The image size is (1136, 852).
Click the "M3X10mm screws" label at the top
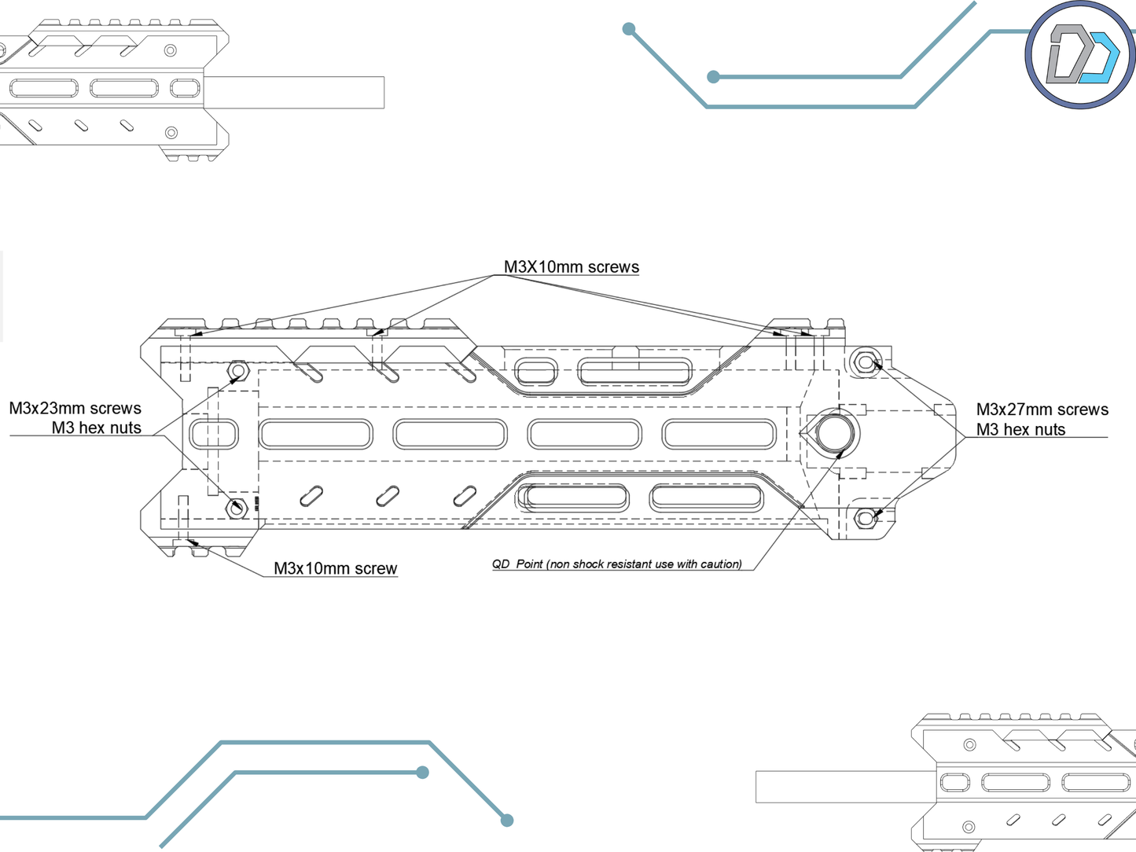click(571, 267)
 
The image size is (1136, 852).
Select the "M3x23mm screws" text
click(75, 409)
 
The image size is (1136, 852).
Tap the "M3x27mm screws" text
click(1042, 409)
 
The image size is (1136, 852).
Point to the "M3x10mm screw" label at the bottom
click(335, 568)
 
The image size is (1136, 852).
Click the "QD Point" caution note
click(617, 564)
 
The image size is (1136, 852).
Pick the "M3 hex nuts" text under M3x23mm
click(97, 428)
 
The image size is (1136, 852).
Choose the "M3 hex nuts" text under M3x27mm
click(1020, 430)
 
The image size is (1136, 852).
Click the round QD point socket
click(834, 432)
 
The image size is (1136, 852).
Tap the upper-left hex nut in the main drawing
click(237, 370)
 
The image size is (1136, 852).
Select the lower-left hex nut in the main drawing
click(237, 508)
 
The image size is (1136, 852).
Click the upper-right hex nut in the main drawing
click(866, 362)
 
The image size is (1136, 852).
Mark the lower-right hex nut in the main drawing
click(866, 518)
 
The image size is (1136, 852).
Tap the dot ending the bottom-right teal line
click(507, 820)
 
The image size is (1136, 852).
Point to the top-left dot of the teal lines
click(629, 29)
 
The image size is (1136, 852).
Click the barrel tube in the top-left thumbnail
click(295, 92)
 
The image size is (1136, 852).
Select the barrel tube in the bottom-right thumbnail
click(845, 787)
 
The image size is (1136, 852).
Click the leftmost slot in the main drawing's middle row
click(214, 434)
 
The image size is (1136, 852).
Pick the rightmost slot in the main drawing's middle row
click(719, 434)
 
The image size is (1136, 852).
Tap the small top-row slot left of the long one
click(536, 371)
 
